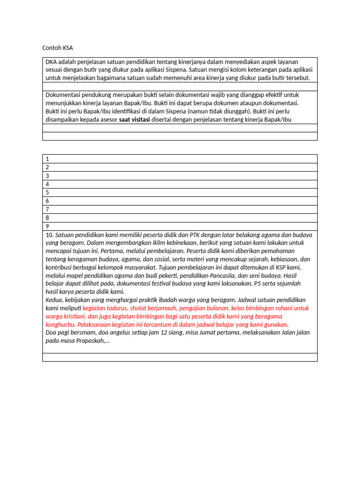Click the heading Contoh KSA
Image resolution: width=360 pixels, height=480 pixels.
[x=58, y=48]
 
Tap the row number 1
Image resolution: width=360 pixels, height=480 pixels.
[x=47, y=159]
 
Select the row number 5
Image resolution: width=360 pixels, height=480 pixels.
[x=47, y=192]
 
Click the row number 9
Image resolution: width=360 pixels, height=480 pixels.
[x=47, y=226]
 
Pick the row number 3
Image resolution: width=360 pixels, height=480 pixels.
[x=47, y=176]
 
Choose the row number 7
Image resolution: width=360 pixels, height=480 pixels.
[x=47, y=209]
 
